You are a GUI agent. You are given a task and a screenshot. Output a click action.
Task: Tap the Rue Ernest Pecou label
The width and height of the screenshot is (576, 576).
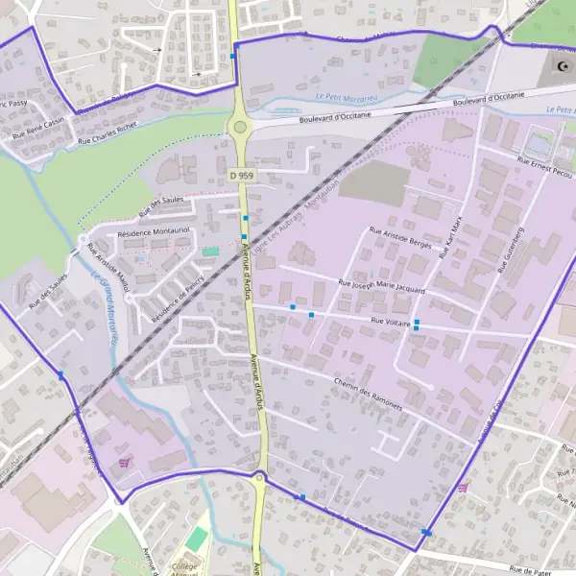coord(545,165)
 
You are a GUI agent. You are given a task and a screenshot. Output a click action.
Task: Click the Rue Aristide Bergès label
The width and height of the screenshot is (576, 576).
coord(402,238)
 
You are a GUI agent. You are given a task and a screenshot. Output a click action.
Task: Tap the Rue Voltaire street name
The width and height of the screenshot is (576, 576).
coord(391,323)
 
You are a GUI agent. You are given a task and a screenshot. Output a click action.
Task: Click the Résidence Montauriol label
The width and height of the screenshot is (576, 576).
coord(155,233)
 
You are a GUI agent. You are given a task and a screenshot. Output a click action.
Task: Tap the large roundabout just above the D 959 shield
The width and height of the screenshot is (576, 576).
coord(239,127)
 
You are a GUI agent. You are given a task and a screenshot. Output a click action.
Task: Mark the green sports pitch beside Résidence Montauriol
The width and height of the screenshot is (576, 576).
coord(210,252)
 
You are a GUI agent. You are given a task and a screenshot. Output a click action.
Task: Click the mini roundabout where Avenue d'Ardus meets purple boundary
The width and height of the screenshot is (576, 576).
coord(259,475)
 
